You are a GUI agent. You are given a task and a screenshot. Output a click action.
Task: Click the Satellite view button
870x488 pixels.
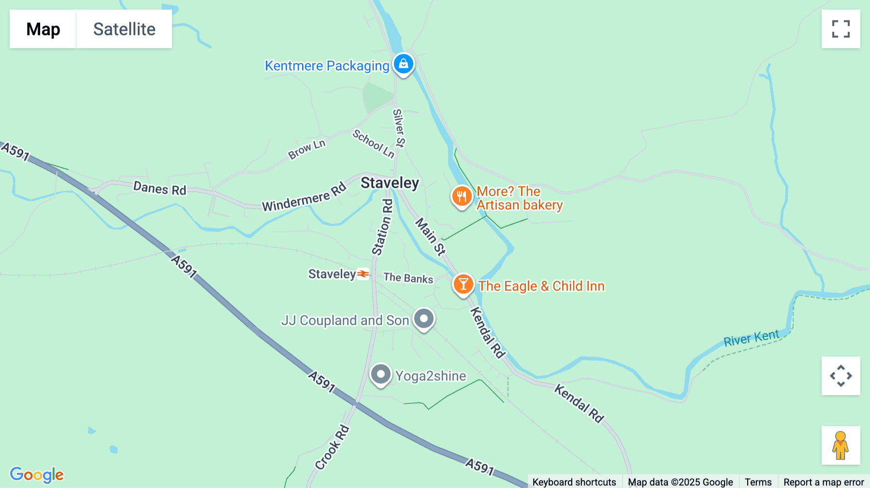[x=124, y=29]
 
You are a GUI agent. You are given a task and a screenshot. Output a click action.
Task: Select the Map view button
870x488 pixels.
[x=43, y=29]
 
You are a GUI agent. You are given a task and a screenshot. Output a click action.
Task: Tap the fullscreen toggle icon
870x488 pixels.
[x=841, y=29]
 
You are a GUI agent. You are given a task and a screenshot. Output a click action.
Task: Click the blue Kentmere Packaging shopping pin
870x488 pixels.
[x=403, y=64]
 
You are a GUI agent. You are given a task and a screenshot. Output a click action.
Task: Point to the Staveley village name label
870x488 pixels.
[x=390, y=183]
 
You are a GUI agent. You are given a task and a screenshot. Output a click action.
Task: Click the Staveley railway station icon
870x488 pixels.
[x=363, y=274]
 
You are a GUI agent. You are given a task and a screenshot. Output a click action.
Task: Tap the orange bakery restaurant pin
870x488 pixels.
[x=462, y=197]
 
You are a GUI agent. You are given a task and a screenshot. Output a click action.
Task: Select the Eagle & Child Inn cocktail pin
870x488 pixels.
[x=463, y=284]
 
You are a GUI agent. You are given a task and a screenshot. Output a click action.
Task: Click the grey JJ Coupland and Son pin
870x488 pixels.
[x=424, y=319]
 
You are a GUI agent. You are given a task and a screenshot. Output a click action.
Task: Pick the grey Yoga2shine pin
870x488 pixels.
[x=381, y=374]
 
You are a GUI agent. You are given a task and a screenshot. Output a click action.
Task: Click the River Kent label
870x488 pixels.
[x=751, y=338]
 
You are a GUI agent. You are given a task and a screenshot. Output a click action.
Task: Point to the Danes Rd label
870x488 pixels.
[x=159, y=188]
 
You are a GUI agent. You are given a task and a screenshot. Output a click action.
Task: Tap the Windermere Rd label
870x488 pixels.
[x=304, y=197]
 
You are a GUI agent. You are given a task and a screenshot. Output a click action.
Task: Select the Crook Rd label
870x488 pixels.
[x=332, y=447]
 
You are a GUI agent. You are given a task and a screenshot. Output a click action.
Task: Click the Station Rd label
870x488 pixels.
[x=382, y=227]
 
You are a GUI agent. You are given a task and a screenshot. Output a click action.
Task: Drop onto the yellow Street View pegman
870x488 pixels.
[x=841, y=445]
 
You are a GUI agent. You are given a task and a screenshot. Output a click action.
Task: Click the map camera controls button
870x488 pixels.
[x=841, y=376]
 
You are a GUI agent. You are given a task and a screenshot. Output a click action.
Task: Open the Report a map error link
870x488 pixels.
[x=824, y=482]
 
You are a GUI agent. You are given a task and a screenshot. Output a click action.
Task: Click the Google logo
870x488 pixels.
[x=37, y=474]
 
